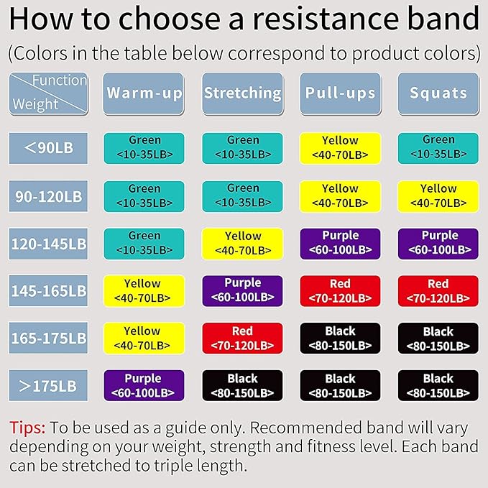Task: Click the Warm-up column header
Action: [x=144, y=93]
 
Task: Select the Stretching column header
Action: [x=242, y=93]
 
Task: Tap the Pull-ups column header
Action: [x=340, y=93]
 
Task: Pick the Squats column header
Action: [x=438, y=93]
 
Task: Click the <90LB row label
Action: [x=48, y=148]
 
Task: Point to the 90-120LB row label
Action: [x=48, y=195]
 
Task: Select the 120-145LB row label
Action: [x=48, y=244]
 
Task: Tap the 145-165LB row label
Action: [x=48, y=291]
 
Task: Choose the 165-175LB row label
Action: [x=48, y=338]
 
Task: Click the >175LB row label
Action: [x=48, y=385]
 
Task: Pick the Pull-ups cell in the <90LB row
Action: [x=340, y=148]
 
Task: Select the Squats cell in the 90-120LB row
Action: [x=438, y=195]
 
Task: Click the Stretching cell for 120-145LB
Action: [x=242, y=244]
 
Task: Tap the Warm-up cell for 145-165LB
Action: [x=144, y=291]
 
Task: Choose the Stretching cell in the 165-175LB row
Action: [x=242, y=338]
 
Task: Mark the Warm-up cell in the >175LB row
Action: [x=144, y=385]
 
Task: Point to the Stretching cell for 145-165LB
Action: [x=242, y=291]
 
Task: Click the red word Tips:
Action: [x=27, y=428]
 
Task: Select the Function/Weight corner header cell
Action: [x=48, y=93]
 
